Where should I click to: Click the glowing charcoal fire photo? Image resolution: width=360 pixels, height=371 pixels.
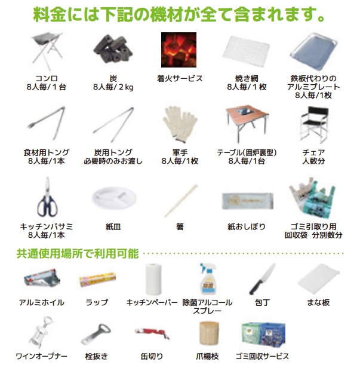179,50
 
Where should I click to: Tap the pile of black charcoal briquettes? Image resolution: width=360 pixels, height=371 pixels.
113,49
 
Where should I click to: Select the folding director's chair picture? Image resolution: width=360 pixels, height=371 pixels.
314,124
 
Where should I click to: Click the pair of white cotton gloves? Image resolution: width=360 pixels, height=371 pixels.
180,124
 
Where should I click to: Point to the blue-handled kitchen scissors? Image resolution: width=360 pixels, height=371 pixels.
48,197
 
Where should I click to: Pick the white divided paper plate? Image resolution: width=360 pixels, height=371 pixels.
114,198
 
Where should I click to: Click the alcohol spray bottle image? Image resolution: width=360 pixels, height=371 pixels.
208,278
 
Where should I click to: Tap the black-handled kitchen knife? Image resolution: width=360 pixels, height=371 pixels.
262,279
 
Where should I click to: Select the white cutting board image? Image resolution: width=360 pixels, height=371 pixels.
318,278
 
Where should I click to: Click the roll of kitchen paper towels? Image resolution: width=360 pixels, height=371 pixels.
153,279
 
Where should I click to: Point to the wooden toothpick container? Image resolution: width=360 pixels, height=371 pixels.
209,333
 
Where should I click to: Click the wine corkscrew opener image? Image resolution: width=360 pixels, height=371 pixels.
41,332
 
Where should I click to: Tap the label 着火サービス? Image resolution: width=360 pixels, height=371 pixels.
180,78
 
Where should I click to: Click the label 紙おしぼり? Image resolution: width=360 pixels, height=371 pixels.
247,226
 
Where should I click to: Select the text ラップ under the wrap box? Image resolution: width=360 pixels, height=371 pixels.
97,302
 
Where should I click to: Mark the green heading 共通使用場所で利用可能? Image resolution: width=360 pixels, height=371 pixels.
77,254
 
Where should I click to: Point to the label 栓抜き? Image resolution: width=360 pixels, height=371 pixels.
97,356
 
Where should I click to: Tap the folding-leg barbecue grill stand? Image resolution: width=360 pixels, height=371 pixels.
47,51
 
